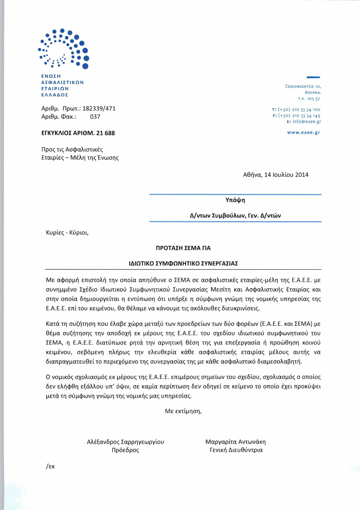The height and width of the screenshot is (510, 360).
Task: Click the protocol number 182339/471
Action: (x=99, y=109)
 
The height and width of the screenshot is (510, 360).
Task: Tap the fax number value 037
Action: (x=95, y=117)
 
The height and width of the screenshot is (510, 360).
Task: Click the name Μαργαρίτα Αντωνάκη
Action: (x=235, y=441)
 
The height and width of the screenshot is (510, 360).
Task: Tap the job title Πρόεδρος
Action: (x=126, y=450)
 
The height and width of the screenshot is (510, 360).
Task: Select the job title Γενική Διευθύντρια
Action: (x=236, y=450)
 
